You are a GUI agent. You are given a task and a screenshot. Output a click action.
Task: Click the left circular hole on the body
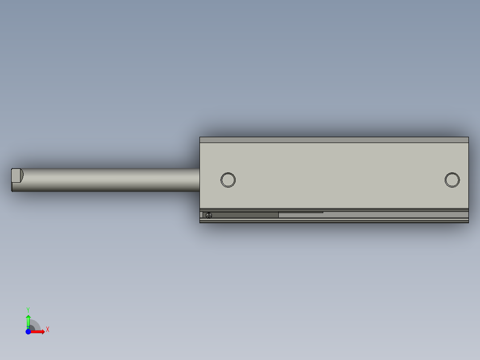(x=228, y=180)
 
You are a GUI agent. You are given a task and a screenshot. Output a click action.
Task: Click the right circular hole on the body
(x=452, y=180)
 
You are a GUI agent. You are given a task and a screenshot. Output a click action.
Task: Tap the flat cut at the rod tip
(x=16, y=175)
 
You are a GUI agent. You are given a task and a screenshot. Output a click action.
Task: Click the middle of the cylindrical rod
(x=107, y=180)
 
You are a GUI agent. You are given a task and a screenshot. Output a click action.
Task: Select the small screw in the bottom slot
(x=209, y=215)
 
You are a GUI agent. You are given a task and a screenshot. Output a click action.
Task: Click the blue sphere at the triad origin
(x=28, y=331)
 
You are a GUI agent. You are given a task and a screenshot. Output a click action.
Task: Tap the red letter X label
(x=48, y=330)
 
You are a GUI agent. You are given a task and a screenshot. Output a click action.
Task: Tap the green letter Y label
(x=28, y=309)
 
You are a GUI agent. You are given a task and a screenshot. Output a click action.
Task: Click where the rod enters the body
(x=199, y=180)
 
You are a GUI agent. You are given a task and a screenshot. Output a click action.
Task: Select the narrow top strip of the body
(x=334, y=140)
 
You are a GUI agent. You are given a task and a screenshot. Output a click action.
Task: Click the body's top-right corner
(x=468, y=137)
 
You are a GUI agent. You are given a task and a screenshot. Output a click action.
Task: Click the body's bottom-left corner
(x=200, y=223)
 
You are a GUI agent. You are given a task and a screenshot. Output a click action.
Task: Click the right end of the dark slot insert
(x=278, y=215)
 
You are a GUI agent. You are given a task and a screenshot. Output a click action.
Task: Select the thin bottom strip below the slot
(x=334, y=221)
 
